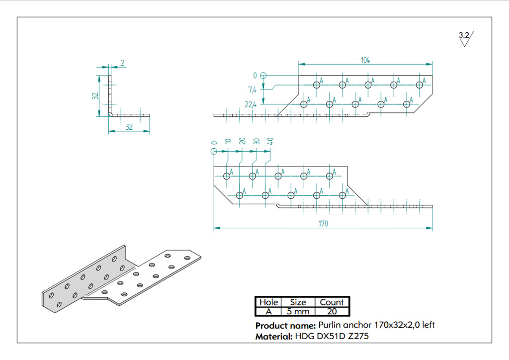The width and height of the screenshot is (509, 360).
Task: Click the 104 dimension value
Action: pyautogui.click(x=365, y=60)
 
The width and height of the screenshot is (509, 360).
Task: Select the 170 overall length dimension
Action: pyautogui.click(x=323, y=224)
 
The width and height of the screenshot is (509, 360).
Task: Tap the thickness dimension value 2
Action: pyautogui.click(x=122, y=63)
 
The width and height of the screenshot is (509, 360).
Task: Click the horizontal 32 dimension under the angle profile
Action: pyautogui.click(x=129, y=127)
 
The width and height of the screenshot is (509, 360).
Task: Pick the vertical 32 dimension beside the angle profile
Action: pyautogui.click(x=95, y=96)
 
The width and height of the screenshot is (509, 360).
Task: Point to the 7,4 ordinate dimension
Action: pyautogui.click(x=252, y=90)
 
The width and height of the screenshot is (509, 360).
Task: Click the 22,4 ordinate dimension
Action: pyautogui.click(x=251, y=104)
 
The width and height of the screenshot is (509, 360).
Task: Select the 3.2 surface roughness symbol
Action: pyautogui.click(x=466, y=39)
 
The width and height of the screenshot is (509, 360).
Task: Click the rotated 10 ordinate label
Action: pyautogui.click(x=228, y=141)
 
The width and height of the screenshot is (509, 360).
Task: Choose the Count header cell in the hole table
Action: pyautogui.click(x=332, y=302)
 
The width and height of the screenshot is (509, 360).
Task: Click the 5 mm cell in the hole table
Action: pyautogui.click(x=298, y=312)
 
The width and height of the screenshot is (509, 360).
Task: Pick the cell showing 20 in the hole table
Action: pyautogui.click(x=332, y=312)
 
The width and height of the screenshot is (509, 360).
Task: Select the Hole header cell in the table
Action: pyautogui.click(x=268, y=302)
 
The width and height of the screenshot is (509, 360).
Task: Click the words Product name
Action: pyautogui.click(x=285, y=326)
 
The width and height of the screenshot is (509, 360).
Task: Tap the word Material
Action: pyautogui.click(x=274, y=337)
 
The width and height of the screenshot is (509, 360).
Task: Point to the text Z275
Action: pyautogui.click(x=358, y=336)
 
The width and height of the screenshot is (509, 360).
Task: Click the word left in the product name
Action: pyautogui.click(x=428, y=325)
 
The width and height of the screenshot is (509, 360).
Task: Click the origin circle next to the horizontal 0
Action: pyautogui.click(x=263, y=76)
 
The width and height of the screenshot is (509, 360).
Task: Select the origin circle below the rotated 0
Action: pyautogui.click(x=214, y=151)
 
